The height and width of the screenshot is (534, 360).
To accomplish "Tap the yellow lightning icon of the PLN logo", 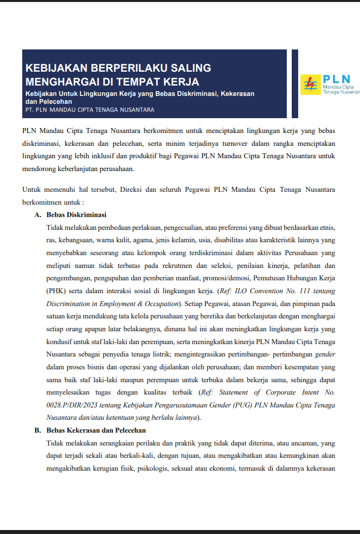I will point(311,84).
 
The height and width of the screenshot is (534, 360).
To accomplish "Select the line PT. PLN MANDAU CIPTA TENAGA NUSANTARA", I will point(90,109).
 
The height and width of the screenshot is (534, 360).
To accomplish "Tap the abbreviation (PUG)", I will point(231,405).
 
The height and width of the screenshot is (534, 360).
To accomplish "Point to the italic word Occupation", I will point(158,303).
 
